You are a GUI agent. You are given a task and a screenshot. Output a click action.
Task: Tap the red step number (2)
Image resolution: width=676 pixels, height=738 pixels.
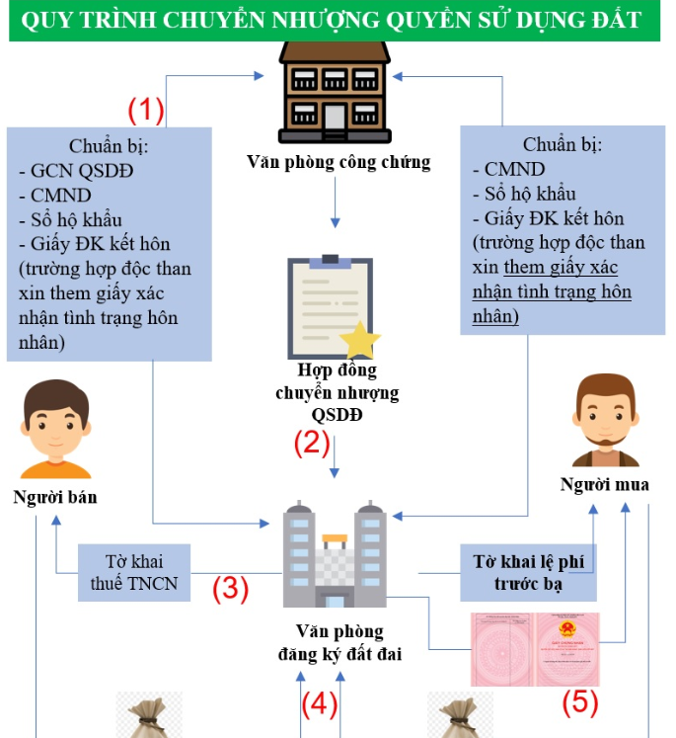click(x=312, y=443)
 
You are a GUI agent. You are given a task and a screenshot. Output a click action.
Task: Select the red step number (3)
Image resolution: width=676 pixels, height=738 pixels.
click(x=230, y=589)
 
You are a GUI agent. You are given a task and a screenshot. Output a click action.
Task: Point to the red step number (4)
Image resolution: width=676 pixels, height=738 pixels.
click(x=319, y=704)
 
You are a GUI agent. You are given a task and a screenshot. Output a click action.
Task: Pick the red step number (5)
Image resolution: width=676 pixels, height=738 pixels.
click(x=580, y=701)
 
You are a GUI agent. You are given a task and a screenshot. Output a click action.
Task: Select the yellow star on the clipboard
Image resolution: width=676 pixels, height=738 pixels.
click(x=360, y=339)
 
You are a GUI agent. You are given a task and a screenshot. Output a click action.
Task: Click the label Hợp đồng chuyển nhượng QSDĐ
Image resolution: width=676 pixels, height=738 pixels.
click(x=338, y=392)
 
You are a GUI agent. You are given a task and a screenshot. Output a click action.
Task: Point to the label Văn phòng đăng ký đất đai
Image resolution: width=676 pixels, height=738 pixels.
click(x=339, y=642)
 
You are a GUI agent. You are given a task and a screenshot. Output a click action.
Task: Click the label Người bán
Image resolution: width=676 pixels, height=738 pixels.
click(x=55, y=497)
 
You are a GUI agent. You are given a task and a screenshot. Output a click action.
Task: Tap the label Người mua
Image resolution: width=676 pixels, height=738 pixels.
click(x=605, y=484)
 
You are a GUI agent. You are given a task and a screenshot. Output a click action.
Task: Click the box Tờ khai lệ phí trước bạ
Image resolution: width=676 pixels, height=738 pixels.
click(x=528, y=573)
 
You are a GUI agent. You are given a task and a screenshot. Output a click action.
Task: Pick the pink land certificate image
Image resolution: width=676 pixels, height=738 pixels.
click(x=534, y=648)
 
